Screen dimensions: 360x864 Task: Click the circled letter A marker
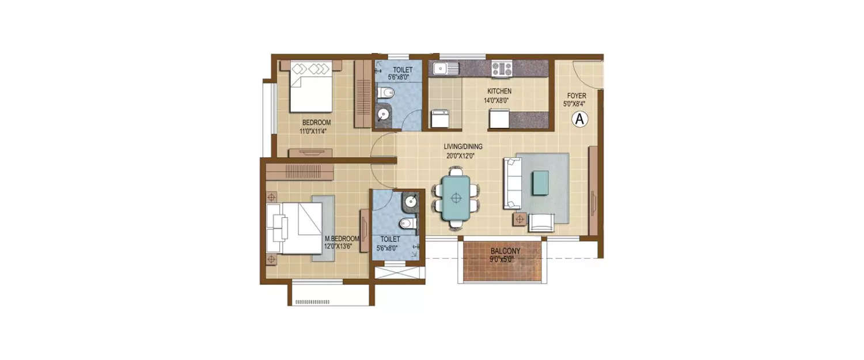coord(579,119)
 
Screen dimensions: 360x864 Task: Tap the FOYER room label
coord(576,96)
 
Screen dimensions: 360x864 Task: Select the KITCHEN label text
coord(499,92)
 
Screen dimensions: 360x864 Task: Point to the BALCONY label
coord(505,251)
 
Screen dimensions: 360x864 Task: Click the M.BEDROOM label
coord(342,238)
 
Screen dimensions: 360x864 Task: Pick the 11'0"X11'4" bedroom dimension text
coord(316,131)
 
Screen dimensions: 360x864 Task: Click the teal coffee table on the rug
coord(540,183)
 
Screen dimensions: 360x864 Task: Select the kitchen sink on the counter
coord(442,69)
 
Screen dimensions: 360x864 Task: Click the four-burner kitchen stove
coord(502,69)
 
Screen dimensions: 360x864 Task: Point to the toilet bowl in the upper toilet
coord(386,92)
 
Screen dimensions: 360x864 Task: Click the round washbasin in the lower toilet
coord(411,202)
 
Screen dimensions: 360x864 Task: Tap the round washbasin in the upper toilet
coord(384,115)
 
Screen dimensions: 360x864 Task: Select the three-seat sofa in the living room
coord(512,183)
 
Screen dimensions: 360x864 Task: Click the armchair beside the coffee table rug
coord(541,222)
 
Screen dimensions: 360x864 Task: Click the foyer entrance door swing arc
coord(589,75)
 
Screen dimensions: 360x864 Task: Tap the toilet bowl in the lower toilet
coord(407,223)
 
